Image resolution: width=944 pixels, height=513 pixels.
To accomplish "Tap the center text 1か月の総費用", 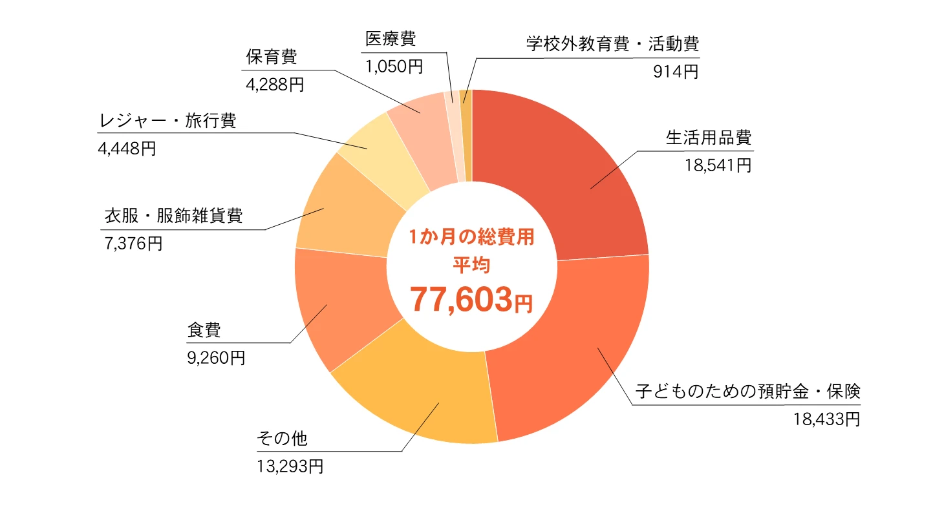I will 471,237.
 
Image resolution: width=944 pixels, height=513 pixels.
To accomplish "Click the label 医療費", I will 390,39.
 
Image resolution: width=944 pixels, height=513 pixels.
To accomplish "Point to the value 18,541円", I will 718,165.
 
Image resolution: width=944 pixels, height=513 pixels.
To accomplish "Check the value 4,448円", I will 127,149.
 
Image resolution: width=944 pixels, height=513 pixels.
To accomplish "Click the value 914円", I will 676,72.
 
